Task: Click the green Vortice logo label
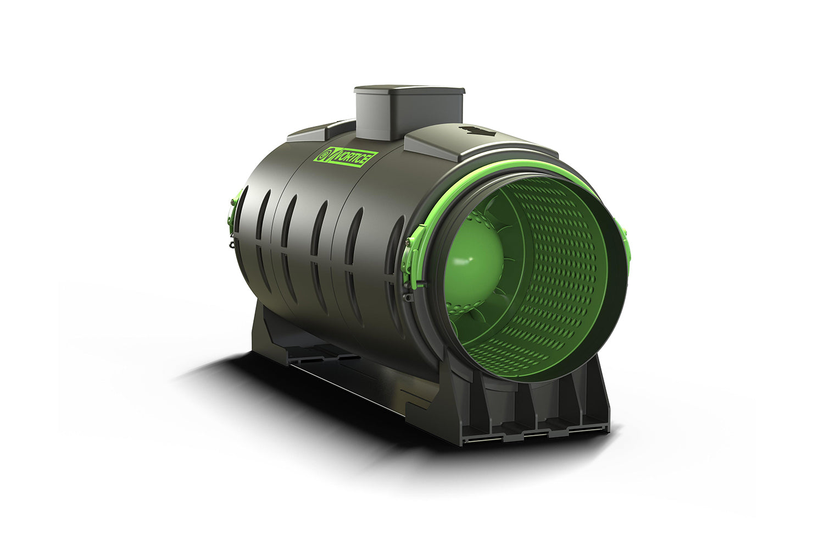(345, 157)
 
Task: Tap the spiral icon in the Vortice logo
(324, 156)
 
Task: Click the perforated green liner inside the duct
(555, 264)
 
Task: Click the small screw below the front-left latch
(408, 298)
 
